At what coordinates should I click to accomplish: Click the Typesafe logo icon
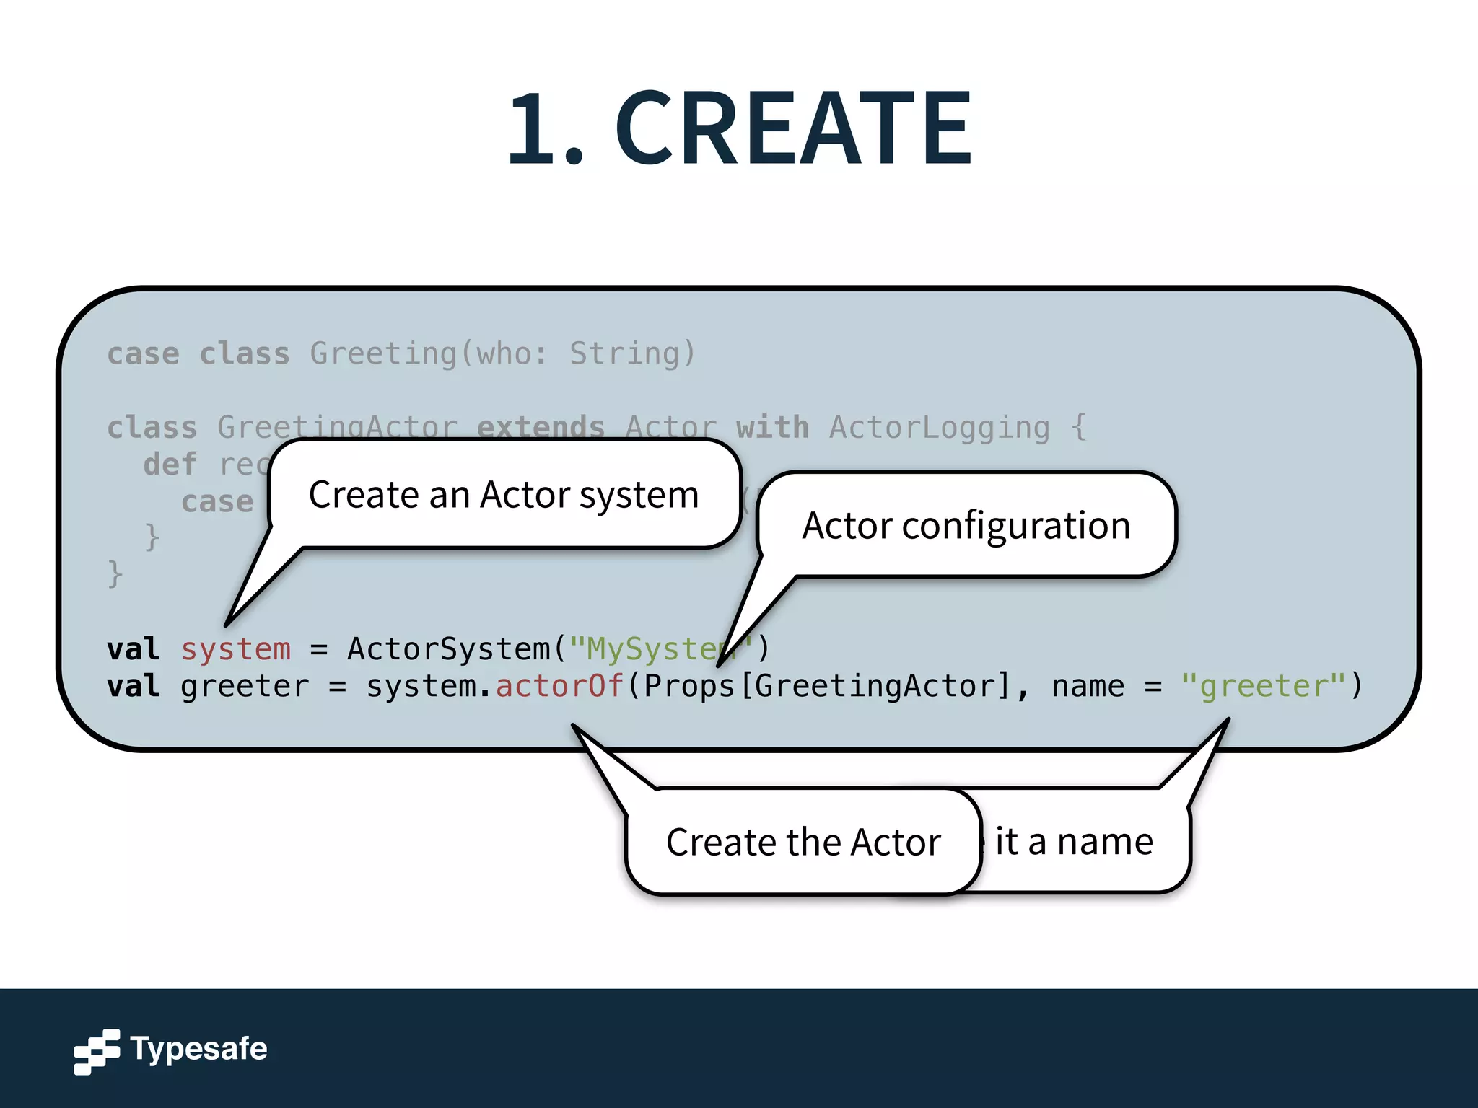click(x=96, y=1051)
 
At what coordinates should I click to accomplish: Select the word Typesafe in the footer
click(x=198, y=1048)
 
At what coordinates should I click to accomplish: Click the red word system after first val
click(x=236, y=648)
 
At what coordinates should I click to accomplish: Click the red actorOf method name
click(x=559, y=685)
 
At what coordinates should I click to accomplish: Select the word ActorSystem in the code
click(x=449, y=648)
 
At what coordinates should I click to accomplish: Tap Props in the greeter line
click(x=688, y=685)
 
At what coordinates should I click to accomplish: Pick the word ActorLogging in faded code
click(x=939, y=427)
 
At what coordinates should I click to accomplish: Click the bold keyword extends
click(x=541, y=427)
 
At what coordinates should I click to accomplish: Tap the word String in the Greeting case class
click(x=624, y=353)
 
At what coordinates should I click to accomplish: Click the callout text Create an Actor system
click(x=504, y=495)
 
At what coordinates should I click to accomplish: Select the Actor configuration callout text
click(x=966, y=525)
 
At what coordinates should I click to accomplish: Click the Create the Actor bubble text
click(x=803, y=842)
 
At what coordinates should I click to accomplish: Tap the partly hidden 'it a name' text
click(x=1074, y=841)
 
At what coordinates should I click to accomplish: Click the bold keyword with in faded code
click(x=772, y=427)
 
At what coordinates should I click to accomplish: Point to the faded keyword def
click(x=170, y=464)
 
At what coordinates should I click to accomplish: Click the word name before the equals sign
click(x=1088, y=685)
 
